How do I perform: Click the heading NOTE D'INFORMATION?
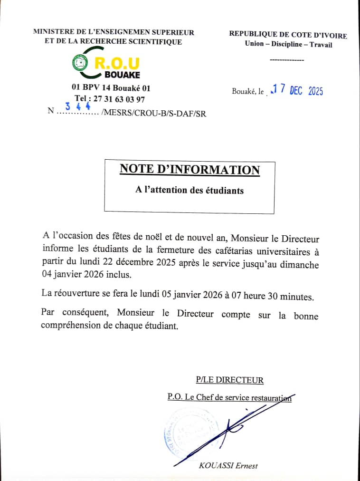[x=189, y=170]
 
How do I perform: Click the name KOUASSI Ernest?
[x=228, y=465]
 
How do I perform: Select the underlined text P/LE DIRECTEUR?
[x=229, y=380]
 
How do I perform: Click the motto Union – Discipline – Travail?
[x=288, y=45]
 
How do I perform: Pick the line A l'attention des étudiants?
[x=189, y=190]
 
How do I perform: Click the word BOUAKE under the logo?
[x=122, y=75]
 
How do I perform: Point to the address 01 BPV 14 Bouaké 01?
[x=111, y=88]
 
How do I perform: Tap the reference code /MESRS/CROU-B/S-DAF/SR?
[x=154, y=113]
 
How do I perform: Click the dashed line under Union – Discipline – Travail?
[x=286, y=60]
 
